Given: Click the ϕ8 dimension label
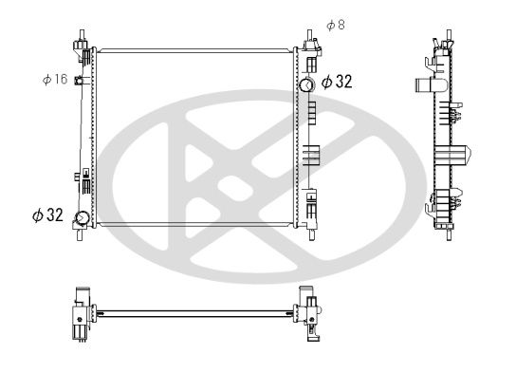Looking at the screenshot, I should pyautogui.click(x=335, y=25).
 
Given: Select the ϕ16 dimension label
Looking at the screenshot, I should pyautogui.click(x=54, y=80).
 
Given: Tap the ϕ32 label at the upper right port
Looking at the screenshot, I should pyautogui.click(x=336, y=83).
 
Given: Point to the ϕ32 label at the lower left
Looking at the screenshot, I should pyautogui.click(x=47, y=216).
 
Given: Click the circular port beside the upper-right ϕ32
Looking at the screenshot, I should pyautogui.click(x=306, y=85).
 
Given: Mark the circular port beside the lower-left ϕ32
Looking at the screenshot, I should pyautogui.click(x=83, y=219).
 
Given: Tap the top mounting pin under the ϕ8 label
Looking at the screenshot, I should pyautogui.click(x=310, y=41).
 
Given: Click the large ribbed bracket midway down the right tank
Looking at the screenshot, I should pyautogui.click(x=312, y=157).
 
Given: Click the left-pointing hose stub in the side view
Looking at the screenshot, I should pyautogui.click(x=423, y=85).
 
